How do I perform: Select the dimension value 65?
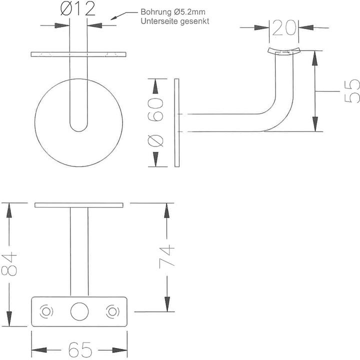click(79, 349)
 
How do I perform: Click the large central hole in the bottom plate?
click(79, 311)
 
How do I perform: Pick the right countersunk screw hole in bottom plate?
click(111, 311)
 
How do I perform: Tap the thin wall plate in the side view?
click(176, 122)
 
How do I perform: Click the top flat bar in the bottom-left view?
click(79, 205)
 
